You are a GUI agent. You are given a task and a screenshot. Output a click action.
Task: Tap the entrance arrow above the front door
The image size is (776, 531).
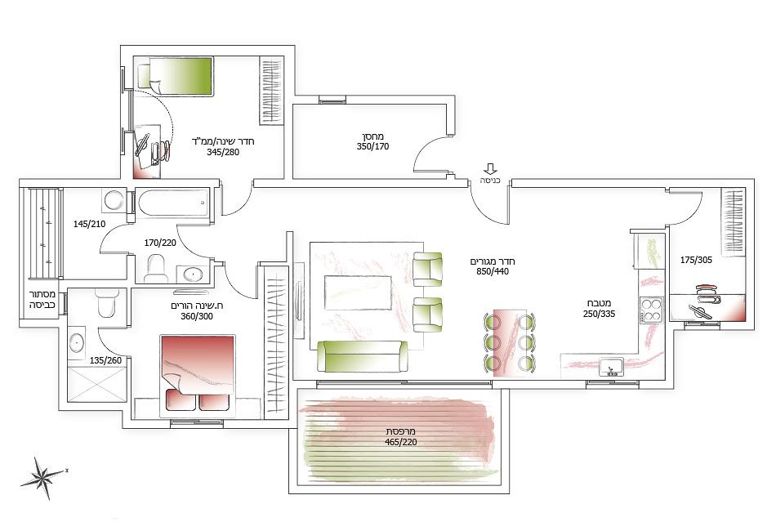coord(490,169)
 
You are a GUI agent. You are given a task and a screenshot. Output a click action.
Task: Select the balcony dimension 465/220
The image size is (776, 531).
coord(401,442)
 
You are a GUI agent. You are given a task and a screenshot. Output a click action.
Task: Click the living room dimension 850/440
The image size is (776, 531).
coord(493,272)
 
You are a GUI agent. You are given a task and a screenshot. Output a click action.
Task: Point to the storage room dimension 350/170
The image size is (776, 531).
coord(372,146)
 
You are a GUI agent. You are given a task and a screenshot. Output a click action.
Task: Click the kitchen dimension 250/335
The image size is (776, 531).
coord(599,314)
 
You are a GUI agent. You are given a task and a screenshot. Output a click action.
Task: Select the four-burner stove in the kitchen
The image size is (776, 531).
coord(651,310)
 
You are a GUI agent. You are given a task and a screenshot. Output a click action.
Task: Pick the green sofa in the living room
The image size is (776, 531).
coord(363,356)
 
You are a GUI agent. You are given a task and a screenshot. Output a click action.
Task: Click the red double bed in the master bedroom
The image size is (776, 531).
coord(198,373)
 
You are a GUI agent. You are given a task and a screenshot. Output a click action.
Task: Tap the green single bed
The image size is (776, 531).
coord(176,76)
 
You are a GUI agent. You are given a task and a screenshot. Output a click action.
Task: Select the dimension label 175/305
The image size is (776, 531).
coord(696,260)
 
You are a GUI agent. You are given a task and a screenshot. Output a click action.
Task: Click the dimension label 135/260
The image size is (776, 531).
coord(105,361)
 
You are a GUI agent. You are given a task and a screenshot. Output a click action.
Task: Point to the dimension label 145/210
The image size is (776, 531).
coord(90,224)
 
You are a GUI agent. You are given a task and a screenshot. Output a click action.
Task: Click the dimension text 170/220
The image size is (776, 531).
coord(160,243)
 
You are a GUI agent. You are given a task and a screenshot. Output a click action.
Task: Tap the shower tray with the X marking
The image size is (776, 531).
coord(97,384)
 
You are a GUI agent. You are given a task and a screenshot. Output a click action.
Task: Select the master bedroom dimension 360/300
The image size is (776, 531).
coord(197,316)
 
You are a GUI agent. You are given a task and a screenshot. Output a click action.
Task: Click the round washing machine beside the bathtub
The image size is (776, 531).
coord(114,200)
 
